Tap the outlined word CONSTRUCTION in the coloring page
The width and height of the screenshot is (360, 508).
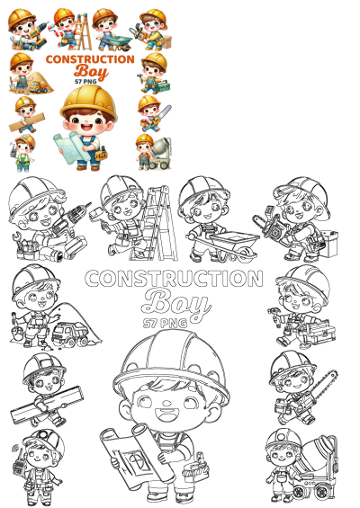[x=174, y=279]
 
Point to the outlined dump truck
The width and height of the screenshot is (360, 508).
[x=70, y=335]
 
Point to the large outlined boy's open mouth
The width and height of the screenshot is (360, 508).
[x=171, y=415]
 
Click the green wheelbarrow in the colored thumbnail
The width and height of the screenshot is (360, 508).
[x=116, y=39]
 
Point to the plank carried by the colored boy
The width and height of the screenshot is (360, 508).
[x=25, y=117]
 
